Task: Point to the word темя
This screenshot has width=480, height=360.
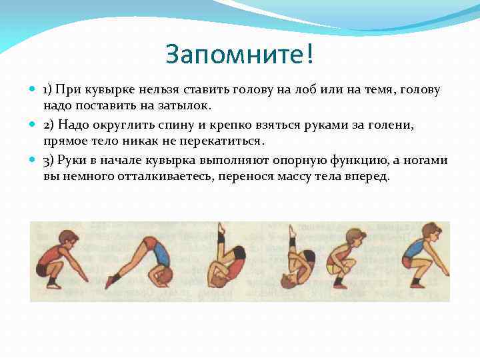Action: [360, 89]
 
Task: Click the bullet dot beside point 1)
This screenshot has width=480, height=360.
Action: [33, 89]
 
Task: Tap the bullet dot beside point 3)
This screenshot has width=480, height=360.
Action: [33, 160]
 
